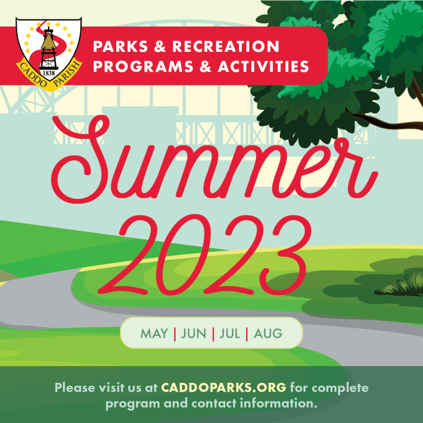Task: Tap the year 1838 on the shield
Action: [48, 73]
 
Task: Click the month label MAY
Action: [154, 333]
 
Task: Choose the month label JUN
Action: [193, 333]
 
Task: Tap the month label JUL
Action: [229, 333]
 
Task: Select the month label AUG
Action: [268, 333]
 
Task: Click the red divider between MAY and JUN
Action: [175, 333]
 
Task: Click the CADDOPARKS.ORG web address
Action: [224, 387]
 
